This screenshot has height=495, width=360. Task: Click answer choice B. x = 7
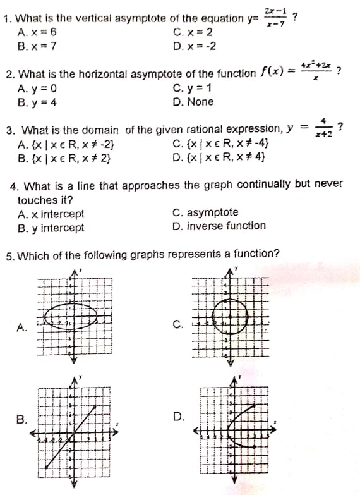pos(39,46)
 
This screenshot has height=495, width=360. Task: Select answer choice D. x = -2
pos(194,46)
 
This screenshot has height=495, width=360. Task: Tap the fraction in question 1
pos(273,17)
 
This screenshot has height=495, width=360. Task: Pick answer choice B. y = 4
pos(39,101)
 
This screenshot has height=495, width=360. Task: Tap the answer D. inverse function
pos(219,226)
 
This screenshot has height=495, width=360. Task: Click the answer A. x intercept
pos(51,214)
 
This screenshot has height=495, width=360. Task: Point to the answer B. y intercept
pos(51,228)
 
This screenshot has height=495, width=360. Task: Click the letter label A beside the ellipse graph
pos(22,327)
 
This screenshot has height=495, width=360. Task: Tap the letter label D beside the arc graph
pos(177,417)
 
